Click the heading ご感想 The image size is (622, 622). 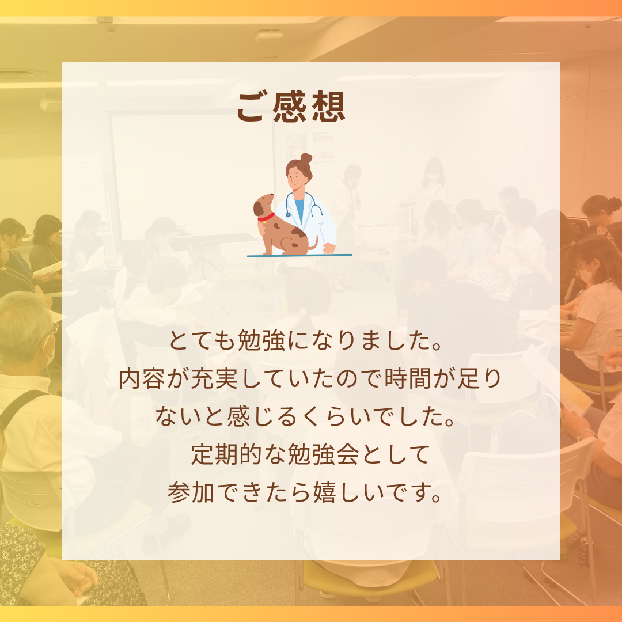coord(291,107)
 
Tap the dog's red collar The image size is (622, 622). coord(266,217)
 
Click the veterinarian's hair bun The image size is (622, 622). coord(306,158)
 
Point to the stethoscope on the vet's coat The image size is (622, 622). coord(304,204)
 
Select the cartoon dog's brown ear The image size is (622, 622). coord(259,208)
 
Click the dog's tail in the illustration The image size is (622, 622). coord(314,244)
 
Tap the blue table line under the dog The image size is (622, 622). coord(299,256)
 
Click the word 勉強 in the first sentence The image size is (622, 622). coord(261,340)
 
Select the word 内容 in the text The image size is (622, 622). coord(142,378)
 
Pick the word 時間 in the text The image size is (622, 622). coord(407,378)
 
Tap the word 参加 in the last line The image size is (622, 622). coord(191,492)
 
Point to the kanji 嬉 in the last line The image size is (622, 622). coord(325,492)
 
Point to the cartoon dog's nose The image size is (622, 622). coord(272,195)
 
